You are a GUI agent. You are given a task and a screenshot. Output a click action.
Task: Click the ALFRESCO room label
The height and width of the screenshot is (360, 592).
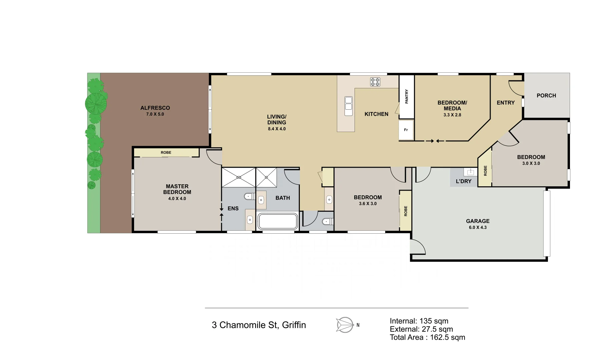point(155,108)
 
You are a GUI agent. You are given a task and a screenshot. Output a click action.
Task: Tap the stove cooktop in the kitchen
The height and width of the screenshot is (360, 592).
point(375,82)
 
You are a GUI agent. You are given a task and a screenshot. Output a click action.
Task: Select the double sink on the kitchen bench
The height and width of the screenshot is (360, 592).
point(348,106)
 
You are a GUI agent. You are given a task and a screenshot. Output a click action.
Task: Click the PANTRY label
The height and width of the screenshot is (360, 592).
point(407,96)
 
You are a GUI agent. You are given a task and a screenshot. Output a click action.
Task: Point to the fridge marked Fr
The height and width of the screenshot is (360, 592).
point(406,130)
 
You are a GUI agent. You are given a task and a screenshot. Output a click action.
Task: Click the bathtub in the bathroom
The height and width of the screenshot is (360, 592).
point(277,221)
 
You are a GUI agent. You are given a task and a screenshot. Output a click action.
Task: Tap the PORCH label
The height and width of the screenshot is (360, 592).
point(546,96)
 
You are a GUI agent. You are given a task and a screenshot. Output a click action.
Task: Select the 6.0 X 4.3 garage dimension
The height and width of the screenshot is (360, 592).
point(478,227)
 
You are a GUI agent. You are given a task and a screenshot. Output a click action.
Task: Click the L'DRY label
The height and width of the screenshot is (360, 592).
point(463,181)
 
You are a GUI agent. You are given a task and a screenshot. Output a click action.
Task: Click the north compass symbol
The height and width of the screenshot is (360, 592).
point(345,325)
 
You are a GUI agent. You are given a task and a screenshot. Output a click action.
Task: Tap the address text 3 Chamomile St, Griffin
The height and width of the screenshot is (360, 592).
point(258,325)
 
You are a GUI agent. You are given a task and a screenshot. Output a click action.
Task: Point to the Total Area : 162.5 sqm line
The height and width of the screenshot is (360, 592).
point(427,337)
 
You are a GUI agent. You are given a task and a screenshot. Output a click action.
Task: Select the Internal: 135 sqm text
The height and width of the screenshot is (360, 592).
point(419,321)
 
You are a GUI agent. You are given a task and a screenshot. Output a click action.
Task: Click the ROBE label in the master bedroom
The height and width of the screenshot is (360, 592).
point(166,153)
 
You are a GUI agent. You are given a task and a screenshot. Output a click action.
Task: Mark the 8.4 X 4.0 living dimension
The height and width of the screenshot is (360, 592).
point(276,129)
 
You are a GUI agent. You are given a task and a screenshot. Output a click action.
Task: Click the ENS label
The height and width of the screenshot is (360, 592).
point(233,209)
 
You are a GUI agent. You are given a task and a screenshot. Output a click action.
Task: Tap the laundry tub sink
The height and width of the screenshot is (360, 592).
point(470,172)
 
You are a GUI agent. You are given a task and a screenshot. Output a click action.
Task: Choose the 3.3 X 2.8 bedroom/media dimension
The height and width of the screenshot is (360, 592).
point(452,115)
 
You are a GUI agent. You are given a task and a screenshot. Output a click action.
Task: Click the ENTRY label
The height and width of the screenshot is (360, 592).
point(506,103)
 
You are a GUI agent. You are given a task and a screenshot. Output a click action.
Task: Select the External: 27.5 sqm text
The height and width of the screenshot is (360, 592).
point(421,329)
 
